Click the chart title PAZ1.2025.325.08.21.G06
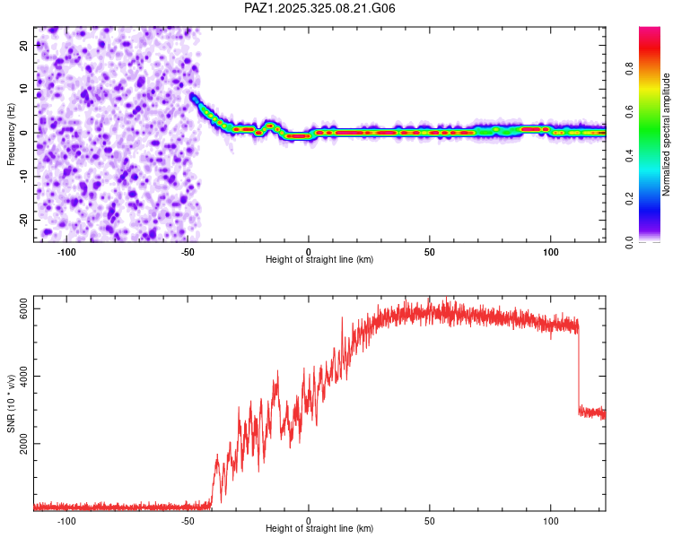[320, 8]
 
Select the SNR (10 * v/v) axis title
[11, 404]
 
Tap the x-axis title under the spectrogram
[319, 260]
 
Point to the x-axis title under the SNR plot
[319, 529]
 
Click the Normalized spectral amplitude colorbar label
[667, 134]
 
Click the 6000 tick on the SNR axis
[24, 309]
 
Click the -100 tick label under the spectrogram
[66, 251]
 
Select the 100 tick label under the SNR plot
[550, 520]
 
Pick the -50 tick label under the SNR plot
[187, 520]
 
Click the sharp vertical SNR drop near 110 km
[579, 368]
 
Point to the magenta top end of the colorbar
[649, 30]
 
